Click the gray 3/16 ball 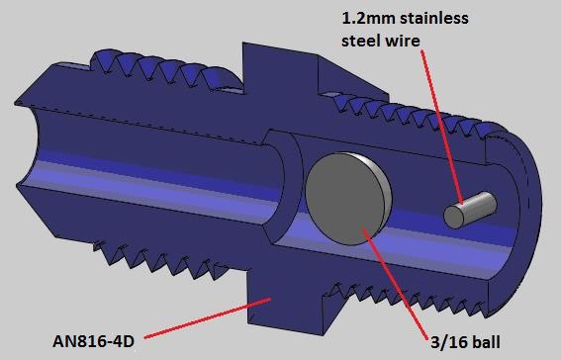pyautogui.click(x=347, y=199)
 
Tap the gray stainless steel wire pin pyautogui.click(x=470, y=211)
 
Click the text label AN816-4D pyautogui.click(x=93, y=341)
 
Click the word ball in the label pyautogui.click(x=486, y=342)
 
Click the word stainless pyautogui.click(x=433, y=18)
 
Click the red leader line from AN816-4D pyautogui.click(x=208, y=317)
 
